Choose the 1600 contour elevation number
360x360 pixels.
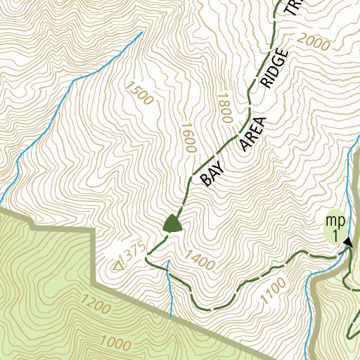tap(186, 139)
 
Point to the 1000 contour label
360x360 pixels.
tap(116, 344)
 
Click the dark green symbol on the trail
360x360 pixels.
tap(172, 224)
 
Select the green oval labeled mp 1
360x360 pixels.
tap(335, 227)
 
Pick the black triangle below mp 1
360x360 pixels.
tap(348, 242)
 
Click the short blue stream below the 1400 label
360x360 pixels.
tap(170, 288)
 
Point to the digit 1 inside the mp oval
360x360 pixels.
tap(336, 235)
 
